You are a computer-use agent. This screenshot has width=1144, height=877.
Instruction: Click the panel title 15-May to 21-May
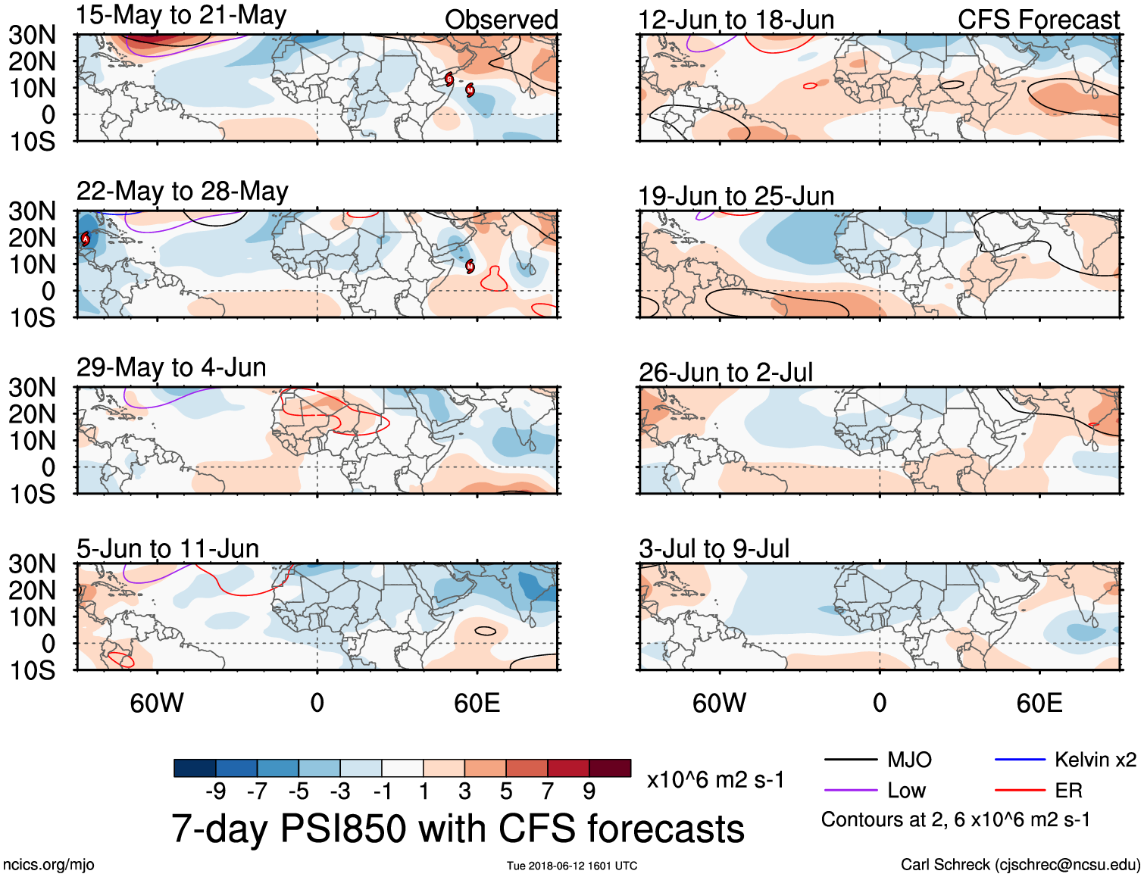click(x=181, y=15)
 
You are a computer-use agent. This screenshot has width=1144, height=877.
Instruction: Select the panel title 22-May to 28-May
click(x=182, y=191)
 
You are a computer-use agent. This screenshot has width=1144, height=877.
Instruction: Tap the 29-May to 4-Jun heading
click(x=171, y=367)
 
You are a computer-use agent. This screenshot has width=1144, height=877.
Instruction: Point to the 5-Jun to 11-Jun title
click(x=167, y=548)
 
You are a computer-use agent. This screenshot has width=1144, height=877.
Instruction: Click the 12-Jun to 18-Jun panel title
click(x=736, y=20)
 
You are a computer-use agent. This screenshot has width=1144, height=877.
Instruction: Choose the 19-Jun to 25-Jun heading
click(x=736, y=196)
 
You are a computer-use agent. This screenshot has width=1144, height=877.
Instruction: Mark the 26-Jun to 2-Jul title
click(x=725, y=373)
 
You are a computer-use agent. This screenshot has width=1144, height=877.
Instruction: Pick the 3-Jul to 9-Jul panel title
click(x=714, y=548)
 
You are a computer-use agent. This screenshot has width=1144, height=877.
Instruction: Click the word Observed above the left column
click(x=501, y=20)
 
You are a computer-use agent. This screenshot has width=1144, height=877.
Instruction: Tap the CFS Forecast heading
click(x=1038, y=20)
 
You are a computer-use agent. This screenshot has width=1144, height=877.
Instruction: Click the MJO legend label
click(x=909, y=760)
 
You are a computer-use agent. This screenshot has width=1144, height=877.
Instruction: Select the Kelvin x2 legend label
click(x=1095, y=760)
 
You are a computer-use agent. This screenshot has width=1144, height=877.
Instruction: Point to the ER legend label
click(x=1068, y=791)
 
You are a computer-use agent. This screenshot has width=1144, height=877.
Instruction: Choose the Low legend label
click(x=906, y=791)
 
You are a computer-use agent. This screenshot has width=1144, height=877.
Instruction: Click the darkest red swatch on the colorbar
click(x=610, y=768)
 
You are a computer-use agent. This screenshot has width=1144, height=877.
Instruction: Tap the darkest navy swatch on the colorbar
click(x=195, y=768)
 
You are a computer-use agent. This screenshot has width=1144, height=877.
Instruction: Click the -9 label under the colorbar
click(x=215, y=791)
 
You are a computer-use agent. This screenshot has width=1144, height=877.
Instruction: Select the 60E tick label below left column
click(x=477, y=703)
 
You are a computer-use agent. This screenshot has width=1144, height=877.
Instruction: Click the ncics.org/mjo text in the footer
click(x=48, y=865)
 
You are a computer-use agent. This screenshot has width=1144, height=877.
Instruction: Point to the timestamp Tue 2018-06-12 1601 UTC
click(x=572, y=866)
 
